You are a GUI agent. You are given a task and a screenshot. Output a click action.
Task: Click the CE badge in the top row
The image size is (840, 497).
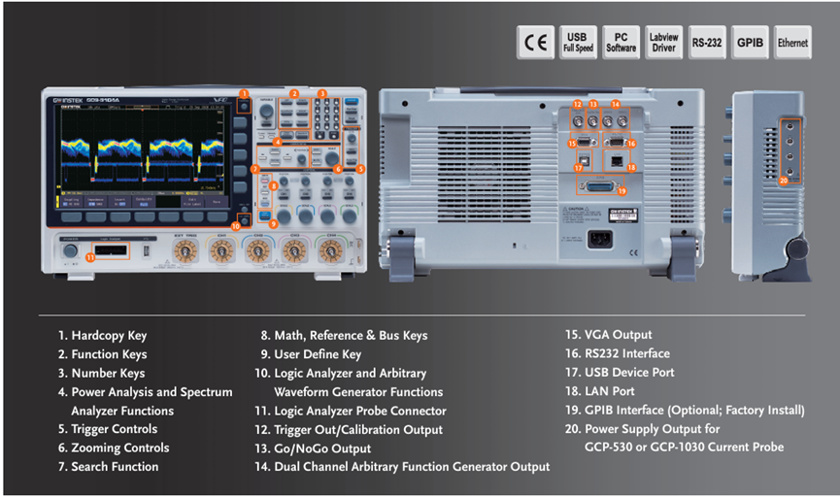(535, 43)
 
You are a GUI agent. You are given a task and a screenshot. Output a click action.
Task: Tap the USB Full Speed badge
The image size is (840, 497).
(579, 43)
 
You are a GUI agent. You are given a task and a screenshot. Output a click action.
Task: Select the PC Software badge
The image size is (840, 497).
(622, 43)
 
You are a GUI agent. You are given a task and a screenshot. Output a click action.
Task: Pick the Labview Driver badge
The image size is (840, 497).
(663, 43)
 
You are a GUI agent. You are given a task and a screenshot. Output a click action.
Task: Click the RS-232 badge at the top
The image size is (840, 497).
(706, 43)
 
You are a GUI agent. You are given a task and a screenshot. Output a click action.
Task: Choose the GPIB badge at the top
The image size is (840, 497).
(749, 43)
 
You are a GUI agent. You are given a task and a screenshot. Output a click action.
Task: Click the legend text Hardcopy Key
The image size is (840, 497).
(109, 336)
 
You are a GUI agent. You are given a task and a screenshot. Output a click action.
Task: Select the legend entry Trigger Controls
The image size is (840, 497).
(114, 429)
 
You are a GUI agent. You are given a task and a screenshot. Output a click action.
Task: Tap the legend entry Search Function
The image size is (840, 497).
(115, 467)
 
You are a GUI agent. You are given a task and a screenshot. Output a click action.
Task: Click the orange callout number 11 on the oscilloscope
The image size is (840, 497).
(90, 257)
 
